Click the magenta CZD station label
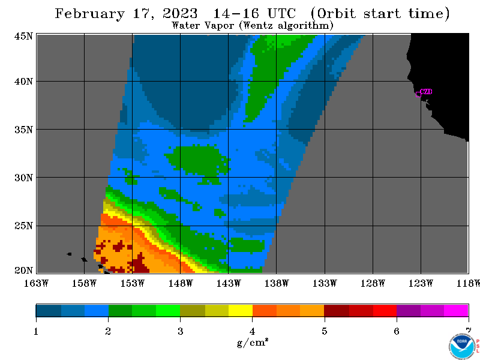[x=426, y=92]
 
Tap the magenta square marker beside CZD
[x=418, y=94]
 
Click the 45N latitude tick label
[x=23, y=37]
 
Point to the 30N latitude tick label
[x=23, y=178]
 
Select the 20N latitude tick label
[x=23, y=271]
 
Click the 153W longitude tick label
[x=132, y=283]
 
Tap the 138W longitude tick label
[x=277, y=283]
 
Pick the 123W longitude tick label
[x=421, y=283]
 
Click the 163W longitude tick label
[x=36, y=283]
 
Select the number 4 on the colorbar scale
[x=252, y=331]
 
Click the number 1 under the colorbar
[x=36, y=331]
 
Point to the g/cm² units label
[x=253, y=342]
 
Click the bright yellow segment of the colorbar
[x=241, y=310]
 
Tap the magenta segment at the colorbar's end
[x=456, y=310]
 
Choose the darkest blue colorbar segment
[x=49, y=310]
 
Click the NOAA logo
[x=462, y=347]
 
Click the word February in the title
[x=90, y=14]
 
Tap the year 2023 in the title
[x=180, y=13]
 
